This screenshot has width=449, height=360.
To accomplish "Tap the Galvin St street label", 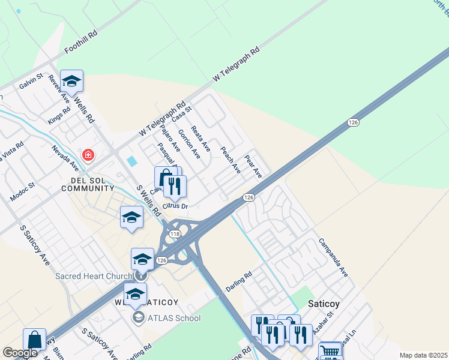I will tap(31, 82).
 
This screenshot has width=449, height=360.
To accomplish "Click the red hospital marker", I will tap(88, 156).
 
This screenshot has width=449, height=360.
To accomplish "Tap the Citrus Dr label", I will tap(175, 206).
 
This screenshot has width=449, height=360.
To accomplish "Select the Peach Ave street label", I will tap(231, 160).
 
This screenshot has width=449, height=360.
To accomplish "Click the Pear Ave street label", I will tap(253, 166).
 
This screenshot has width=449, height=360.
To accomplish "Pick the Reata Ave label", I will tap(200, 138).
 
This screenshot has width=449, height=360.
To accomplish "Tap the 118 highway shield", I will tap(175, 233).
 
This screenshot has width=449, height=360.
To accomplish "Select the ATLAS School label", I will tap(174, 317).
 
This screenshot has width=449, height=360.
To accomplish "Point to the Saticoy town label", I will tap(324, 304).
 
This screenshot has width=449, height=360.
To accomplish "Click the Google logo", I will tap(20, 353).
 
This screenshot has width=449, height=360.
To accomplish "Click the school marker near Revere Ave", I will tap(71, 82).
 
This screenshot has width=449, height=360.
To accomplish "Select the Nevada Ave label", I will tap(65, 158).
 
